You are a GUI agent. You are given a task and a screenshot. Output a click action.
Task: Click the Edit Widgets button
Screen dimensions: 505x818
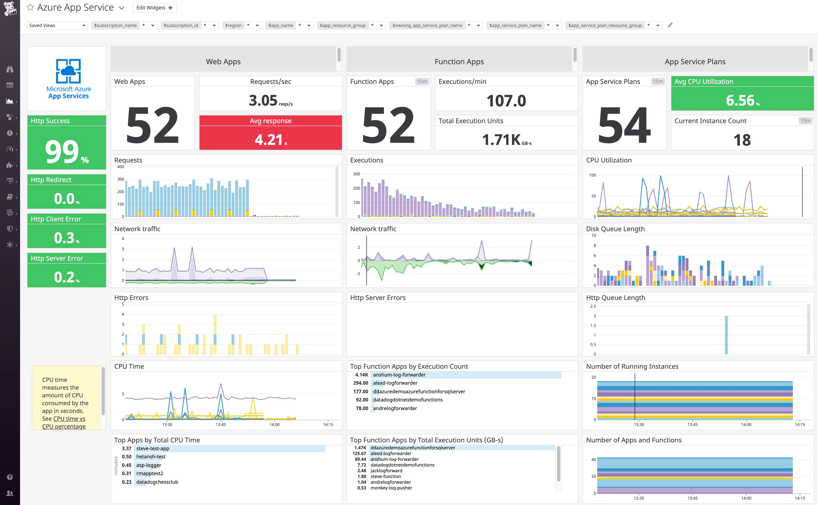coord(154,8)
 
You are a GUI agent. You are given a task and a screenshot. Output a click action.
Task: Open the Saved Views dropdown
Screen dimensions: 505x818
coord(57,25)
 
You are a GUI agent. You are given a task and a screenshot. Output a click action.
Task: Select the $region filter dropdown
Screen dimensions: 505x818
coord(242,25)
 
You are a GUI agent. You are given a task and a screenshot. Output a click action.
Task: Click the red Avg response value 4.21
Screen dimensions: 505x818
coord(270,140)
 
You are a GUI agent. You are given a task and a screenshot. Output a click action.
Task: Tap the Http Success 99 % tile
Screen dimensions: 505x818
coord(67,151)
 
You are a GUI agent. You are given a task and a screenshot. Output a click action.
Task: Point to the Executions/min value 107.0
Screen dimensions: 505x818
coord(506,101)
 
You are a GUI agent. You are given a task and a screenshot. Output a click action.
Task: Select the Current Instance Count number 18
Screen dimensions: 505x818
coord(742,140)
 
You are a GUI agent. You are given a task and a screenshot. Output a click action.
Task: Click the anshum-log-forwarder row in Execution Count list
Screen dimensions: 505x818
coord(399,375)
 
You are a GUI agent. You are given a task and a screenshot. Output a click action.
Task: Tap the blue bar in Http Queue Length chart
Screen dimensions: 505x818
coord(726,335)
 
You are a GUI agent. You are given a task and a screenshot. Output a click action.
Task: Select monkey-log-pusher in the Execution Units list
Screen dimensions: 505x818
coord(391,488)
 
